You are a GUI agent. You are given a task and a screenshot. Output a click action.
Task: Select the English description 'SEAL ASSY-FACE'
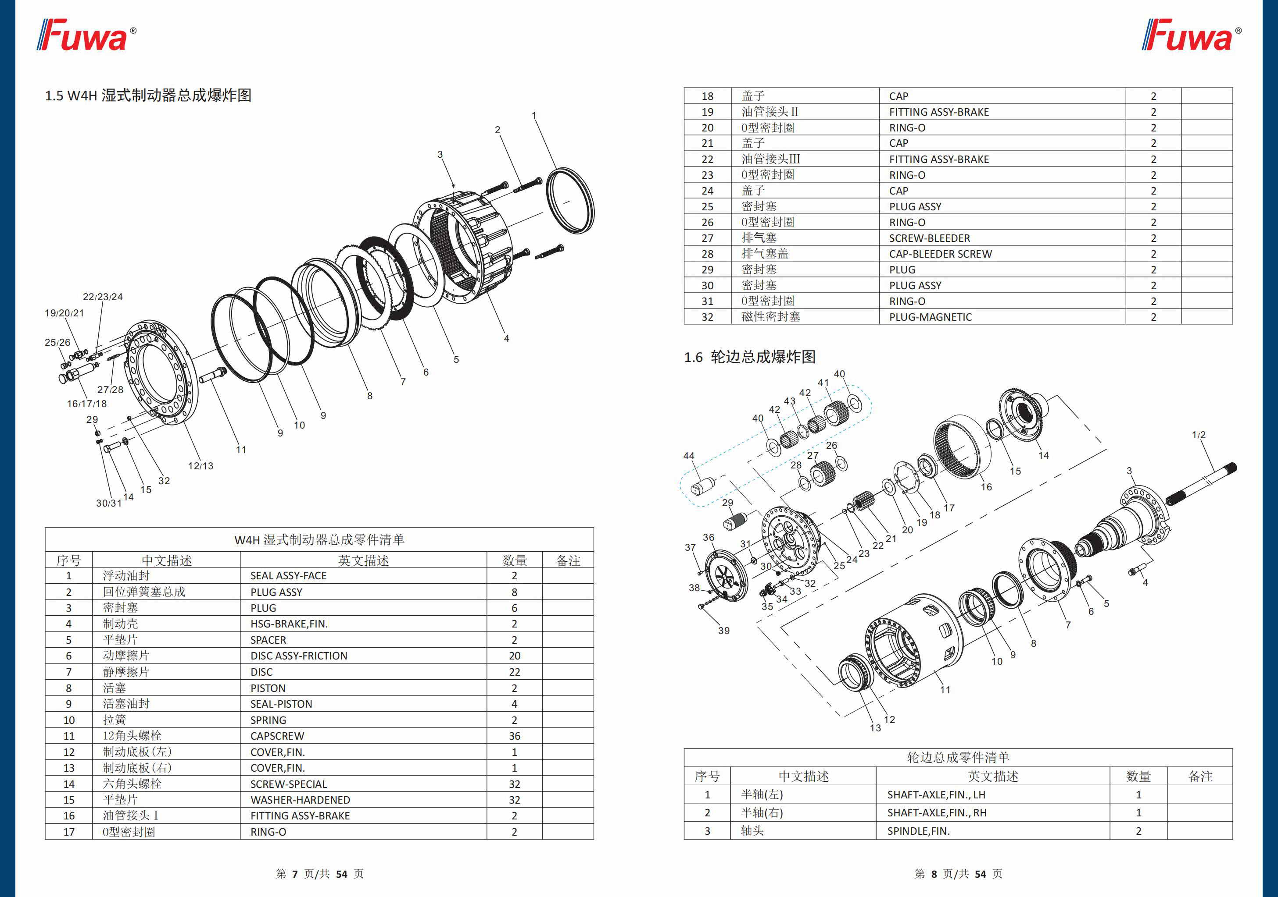[288, 575]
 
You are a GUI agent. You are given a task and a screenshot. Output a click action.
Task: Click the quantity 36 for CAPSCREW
[514, 736]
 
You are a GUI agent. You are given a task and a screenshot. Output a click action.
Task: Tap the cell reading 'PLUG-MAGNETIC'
[930, 317]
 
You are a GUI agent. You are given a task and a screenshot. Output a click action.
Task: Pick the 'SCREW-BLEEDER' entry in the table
[929, 238]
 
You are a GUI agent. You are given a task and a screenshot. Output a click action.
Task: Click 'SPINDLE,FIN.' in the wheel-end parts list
[918, 831]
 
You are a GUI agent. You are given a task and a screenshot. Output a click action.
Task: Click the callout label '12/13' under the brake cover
[200, 466]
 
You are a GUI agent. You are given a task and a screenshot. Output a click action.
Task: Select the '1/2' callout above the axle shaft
[1199, 435]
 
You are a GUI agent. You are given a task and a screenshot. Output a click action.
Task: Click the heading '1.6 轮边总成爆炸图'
[749, 357]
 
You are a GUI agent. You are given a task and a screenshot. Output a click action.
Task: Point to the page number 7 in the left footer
[295, 874]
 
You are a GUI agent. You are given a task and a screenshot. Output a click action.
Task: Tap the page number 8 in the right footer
[934, 874]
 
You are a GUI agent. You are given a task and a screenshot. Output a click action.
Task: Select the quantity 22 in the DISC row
[514, 672]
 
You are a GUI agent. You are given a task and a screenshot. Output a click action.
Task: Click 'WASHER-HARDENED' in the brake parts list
[300, 800]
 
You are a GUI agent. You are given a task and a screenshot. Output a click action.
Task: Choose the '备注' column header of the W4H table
[568, 560]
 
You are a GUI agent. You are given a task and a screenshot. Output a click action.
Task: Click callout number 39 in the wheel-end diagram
[723, 631]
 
